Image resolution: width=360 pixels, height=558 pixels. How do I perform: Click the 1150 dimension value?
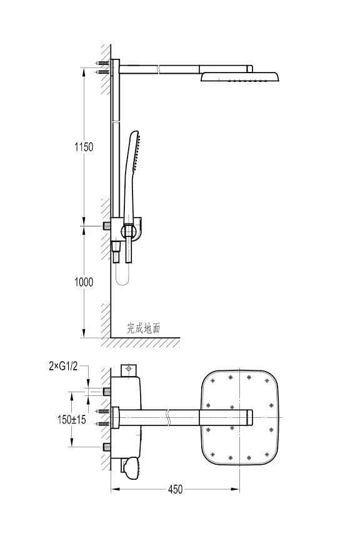[x=84, y=147]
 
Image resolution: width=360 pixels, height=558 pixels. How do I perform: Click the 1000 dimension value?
[x=84, y=282]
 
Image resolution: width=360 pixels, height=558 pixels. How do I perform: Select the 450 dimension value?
[x=175, y=489]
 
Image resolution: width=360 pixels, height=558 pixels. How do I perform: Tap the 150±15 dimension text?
[x=71, y=419]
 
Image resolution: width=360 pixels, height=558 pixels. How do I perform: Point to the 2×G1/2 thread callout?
[x=63, y=366]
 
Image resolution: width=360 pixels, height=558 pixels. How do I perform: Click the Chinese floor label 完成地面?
[x=144, y=328]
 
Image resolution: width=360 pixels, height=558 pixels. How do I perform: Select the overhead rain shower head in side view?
[x=240, y=77]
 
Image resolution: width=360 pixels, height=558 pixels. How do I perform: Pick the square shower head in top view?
[x=240, y=417]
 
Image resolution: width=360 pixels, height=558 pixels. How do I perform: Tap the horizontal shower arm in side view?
[x=186, y=69]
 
